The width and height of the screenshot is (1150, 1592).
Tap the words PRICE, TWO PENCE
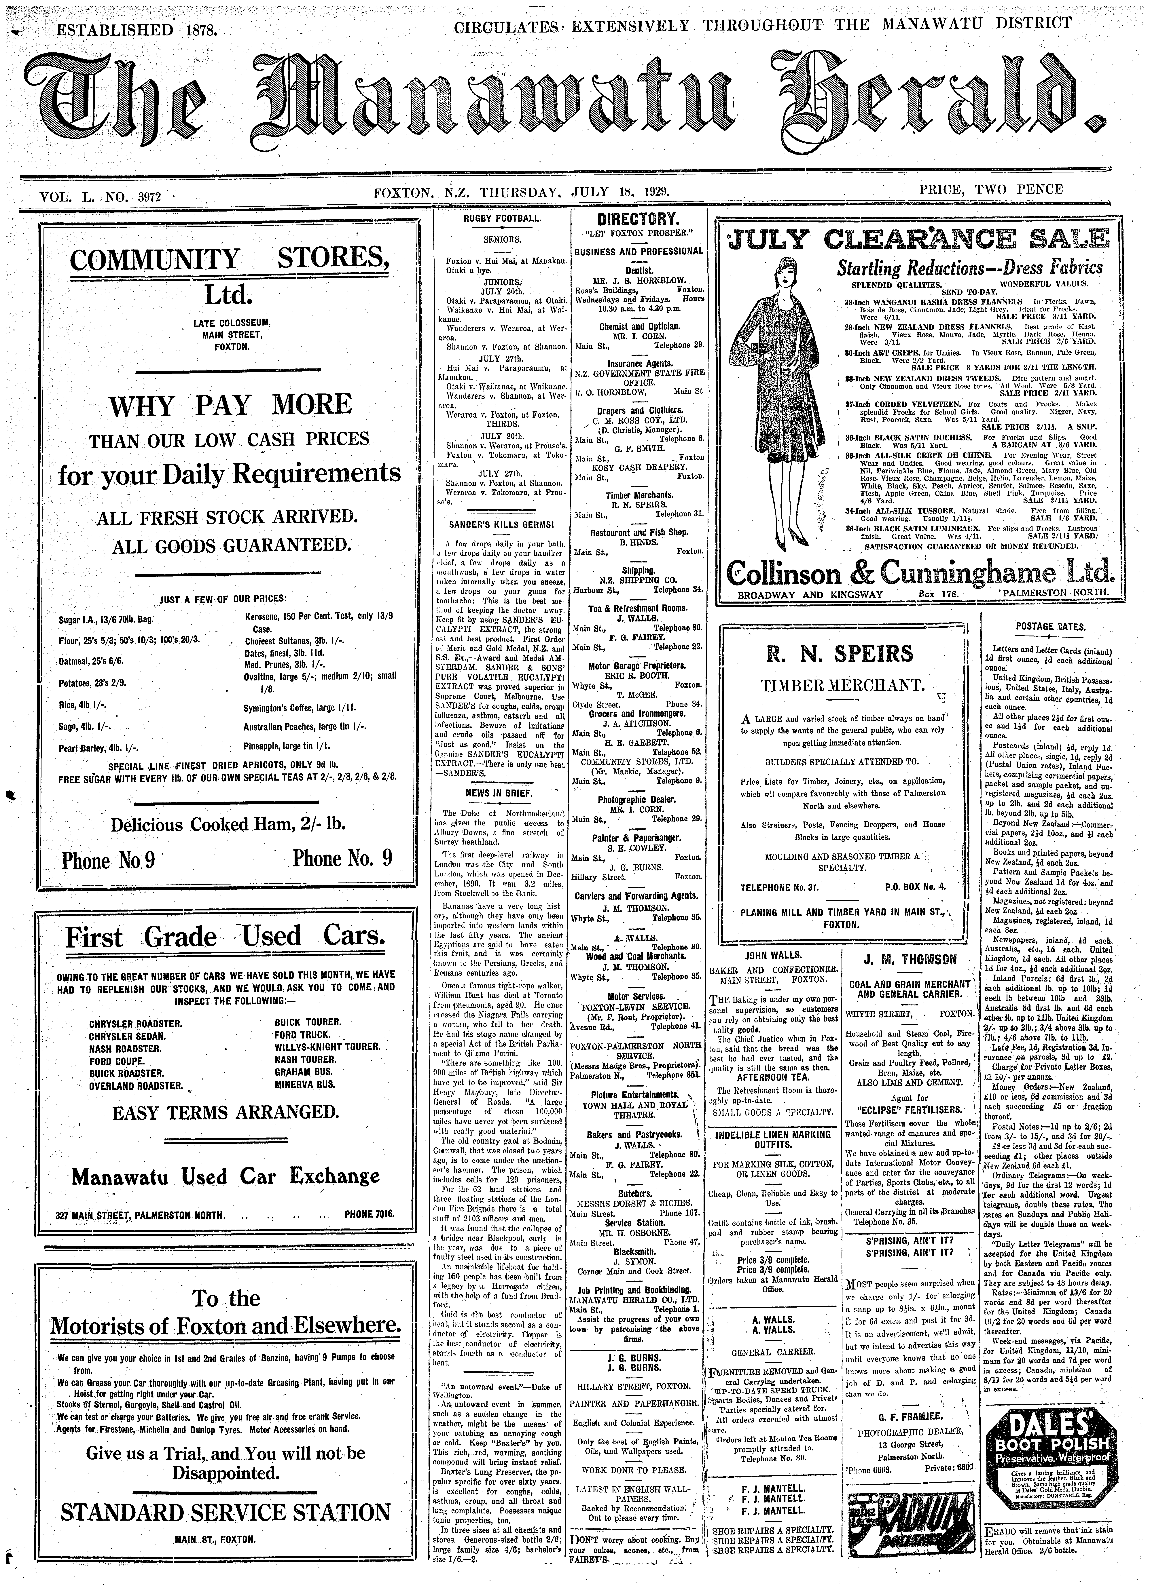(991, 190)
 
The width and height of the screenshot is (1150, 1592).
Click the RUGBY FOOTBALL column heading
(501, 220)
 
